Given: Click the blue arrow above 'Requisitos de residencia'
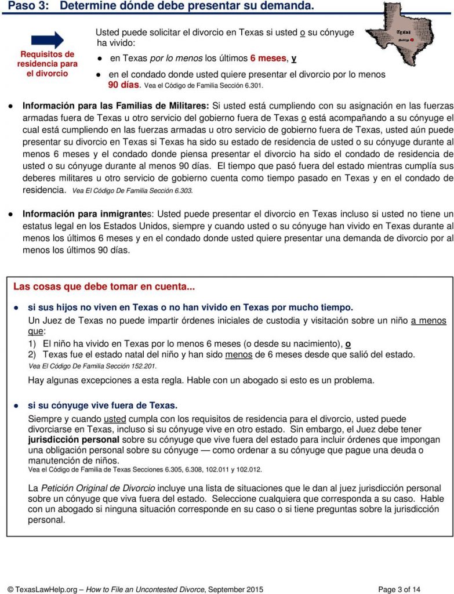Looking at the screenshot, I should click(x=48, y=40).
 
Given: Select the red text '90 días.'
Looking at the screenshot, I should click(x=124, y=85).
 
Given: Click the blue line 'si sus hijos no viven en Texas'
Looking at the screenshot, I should click(x=190, y=307).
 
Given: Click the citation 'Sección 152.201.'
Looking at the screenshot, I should click(x=93, y=366).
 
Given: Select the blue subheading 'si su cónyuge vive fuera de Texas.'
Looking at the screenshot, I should click(x=103, y=405).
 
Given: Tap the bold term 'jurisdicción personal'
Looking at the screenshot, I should click(x=72, y=440).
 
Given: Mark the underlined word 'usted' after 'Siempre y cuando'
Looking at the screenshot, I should click(x=115, y=419).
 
